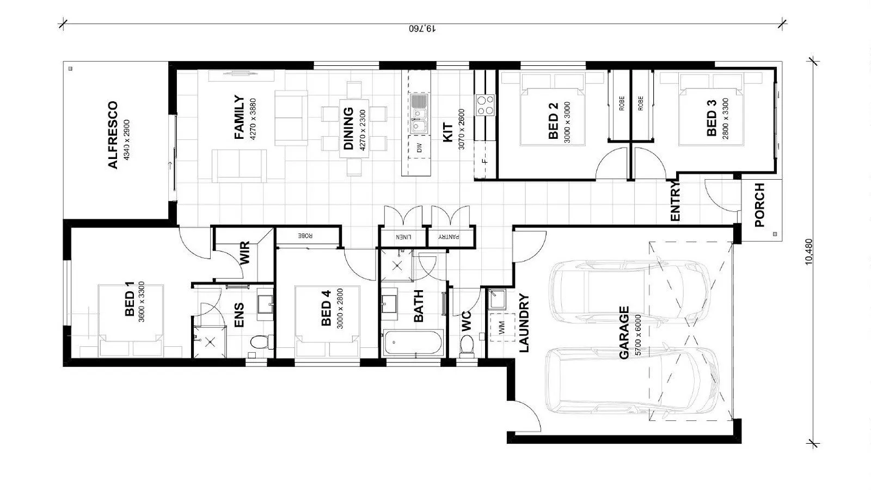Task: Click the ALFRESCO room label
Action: tap(113, 135)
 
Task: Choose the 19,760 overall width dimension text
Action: tap(422, 28)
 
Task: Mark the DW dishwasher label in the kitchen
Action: tap(419, 147)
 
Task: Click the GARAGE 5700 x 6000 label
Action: tap(624, 333)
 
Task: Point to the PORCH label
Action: tap(759, 205)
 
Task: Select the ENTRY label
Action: tap(675, 201)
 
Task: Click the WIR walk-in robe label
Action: tap(244, 253)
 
